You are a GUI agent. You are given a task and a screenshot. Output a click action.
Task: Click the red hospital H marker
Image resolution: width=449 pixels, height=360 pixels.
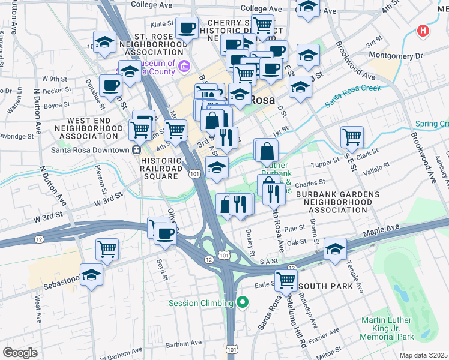(x=423, y=31)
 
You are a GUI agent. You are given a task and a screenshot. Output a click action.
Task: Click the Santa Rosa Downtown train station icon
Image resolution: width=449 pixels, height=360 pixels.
(x=136, y=150)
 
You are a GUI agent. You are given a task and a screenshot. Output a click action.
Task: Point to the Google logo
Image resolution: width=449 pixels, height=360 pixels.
(x=20, y=352)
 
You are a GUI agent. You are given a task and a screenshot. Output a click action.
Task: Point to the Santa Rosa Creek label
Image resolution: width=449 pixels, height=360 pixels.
(x=353, y=95)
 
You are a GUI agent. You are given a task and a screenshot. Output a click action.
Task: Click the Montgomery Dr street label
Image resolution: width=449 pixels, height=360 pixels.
(x=396, y=55)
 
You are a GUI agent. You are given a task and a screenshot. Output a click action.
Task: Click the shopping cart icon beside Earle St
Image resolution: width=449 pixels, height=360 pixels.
(x=286, y=279)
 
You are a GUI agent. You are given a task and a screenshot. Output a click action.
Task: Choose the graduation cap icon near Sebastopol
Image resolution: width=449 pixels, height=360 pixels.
(x=91, y=274)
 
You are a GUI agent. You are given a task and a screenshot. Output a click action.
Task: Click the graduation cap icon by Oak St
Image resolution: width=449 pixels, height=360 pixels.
(x=335, y=248)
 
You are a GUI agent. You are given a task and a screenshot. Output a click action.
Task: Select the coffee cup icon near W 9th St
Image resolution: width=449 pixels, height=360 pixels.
(x=110, y=85)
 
